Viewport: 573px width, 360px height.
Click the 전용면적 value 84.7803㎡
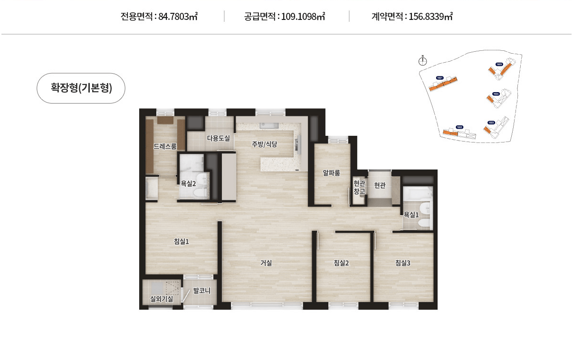point(178,17)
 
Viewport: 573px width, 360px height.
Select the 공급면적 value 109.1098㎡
point(303,17)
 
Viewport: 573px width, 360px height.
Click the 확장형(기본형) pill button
point(81,88)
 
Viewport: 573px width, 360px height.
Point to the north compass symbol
point(423,61)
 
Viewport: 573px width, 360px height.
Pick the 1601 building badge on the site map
point(439,77)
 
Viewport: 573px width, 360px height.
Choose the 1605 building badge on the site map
point(499,64)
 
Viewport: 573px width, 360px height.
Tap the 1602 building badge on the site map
point(459,127)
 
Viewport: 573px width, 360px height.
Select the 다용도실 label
point(218,138)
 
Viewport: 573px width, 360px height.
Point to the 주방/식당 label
point(264,143)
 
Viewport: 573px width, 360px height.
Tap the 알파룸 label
point(331,173)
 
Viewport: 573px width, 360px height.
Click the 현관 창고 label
point(359,187)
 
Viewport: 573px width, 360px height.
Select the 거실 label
point(266,263)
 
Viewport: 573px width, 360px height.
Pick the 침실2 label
point(341,263)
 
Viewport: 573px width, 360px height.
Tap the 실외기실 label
point(161,299)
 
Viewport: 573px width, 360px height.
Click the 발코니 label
point(202,290)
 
